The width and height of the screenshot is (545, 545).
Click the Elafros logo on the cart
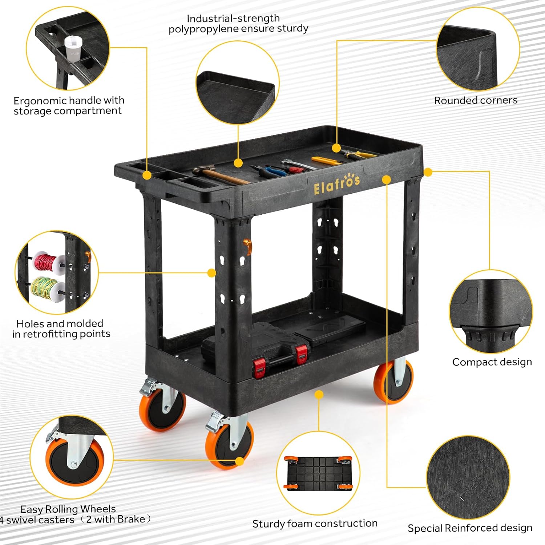tap(336, 183)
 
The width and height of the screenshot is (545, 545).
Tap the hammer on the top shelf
tap(219, 174)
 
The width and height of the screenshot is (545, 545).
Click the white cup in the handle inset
tap(73, 48)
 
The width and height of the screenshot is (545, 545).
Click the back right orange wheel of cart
tap(394, 381)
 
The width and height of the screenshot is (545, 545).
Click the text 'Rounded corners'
tap(476, 100)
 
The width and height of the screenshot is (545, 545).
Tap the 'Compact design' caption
tap(492, 362)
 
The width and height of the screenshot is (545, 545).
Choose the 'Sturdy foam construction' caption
tap(315, 524)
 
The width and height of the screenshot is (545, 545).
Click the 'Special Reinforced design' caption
tap(470, 528)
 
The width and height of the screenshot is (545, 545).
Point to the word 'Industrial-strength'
tap(233, 19)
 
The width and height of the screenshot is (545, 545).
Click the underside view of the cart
tap(318, 473)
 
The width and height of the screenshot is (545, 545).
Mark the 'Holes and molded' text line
tap(60, 323)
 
